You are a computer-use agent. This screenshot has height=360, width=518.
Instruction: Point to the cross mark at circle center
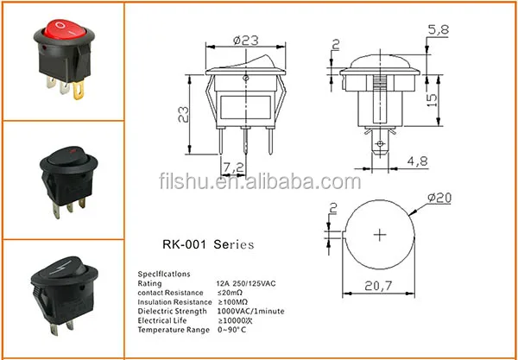point(381,234)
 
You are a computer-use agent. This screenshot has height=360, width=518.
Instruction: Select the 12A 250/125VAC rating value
point(248,281)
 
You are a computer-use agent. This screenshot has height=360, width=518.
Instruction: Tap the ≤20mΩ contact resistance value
point(230,291)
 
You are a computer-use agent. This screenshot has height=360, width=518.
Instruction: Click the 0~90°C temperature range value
point(233,329)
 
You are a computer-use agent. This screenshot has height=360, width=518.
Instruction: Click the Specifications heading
point(167,272)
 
